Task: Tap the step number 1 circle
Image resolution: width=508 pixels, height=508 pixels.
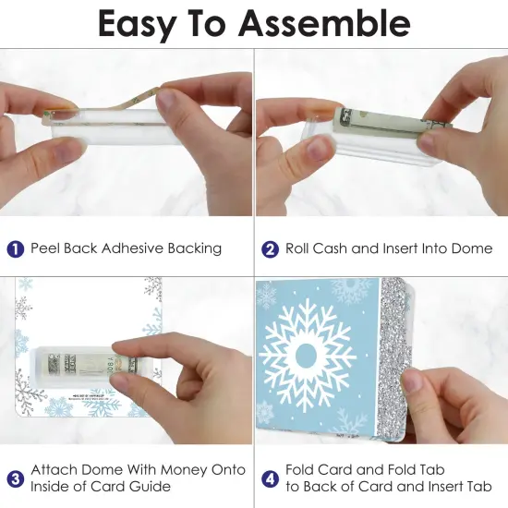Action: [16, 248]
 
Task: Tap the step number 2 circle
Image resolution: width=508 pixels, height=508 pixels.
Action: [271, 248]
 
